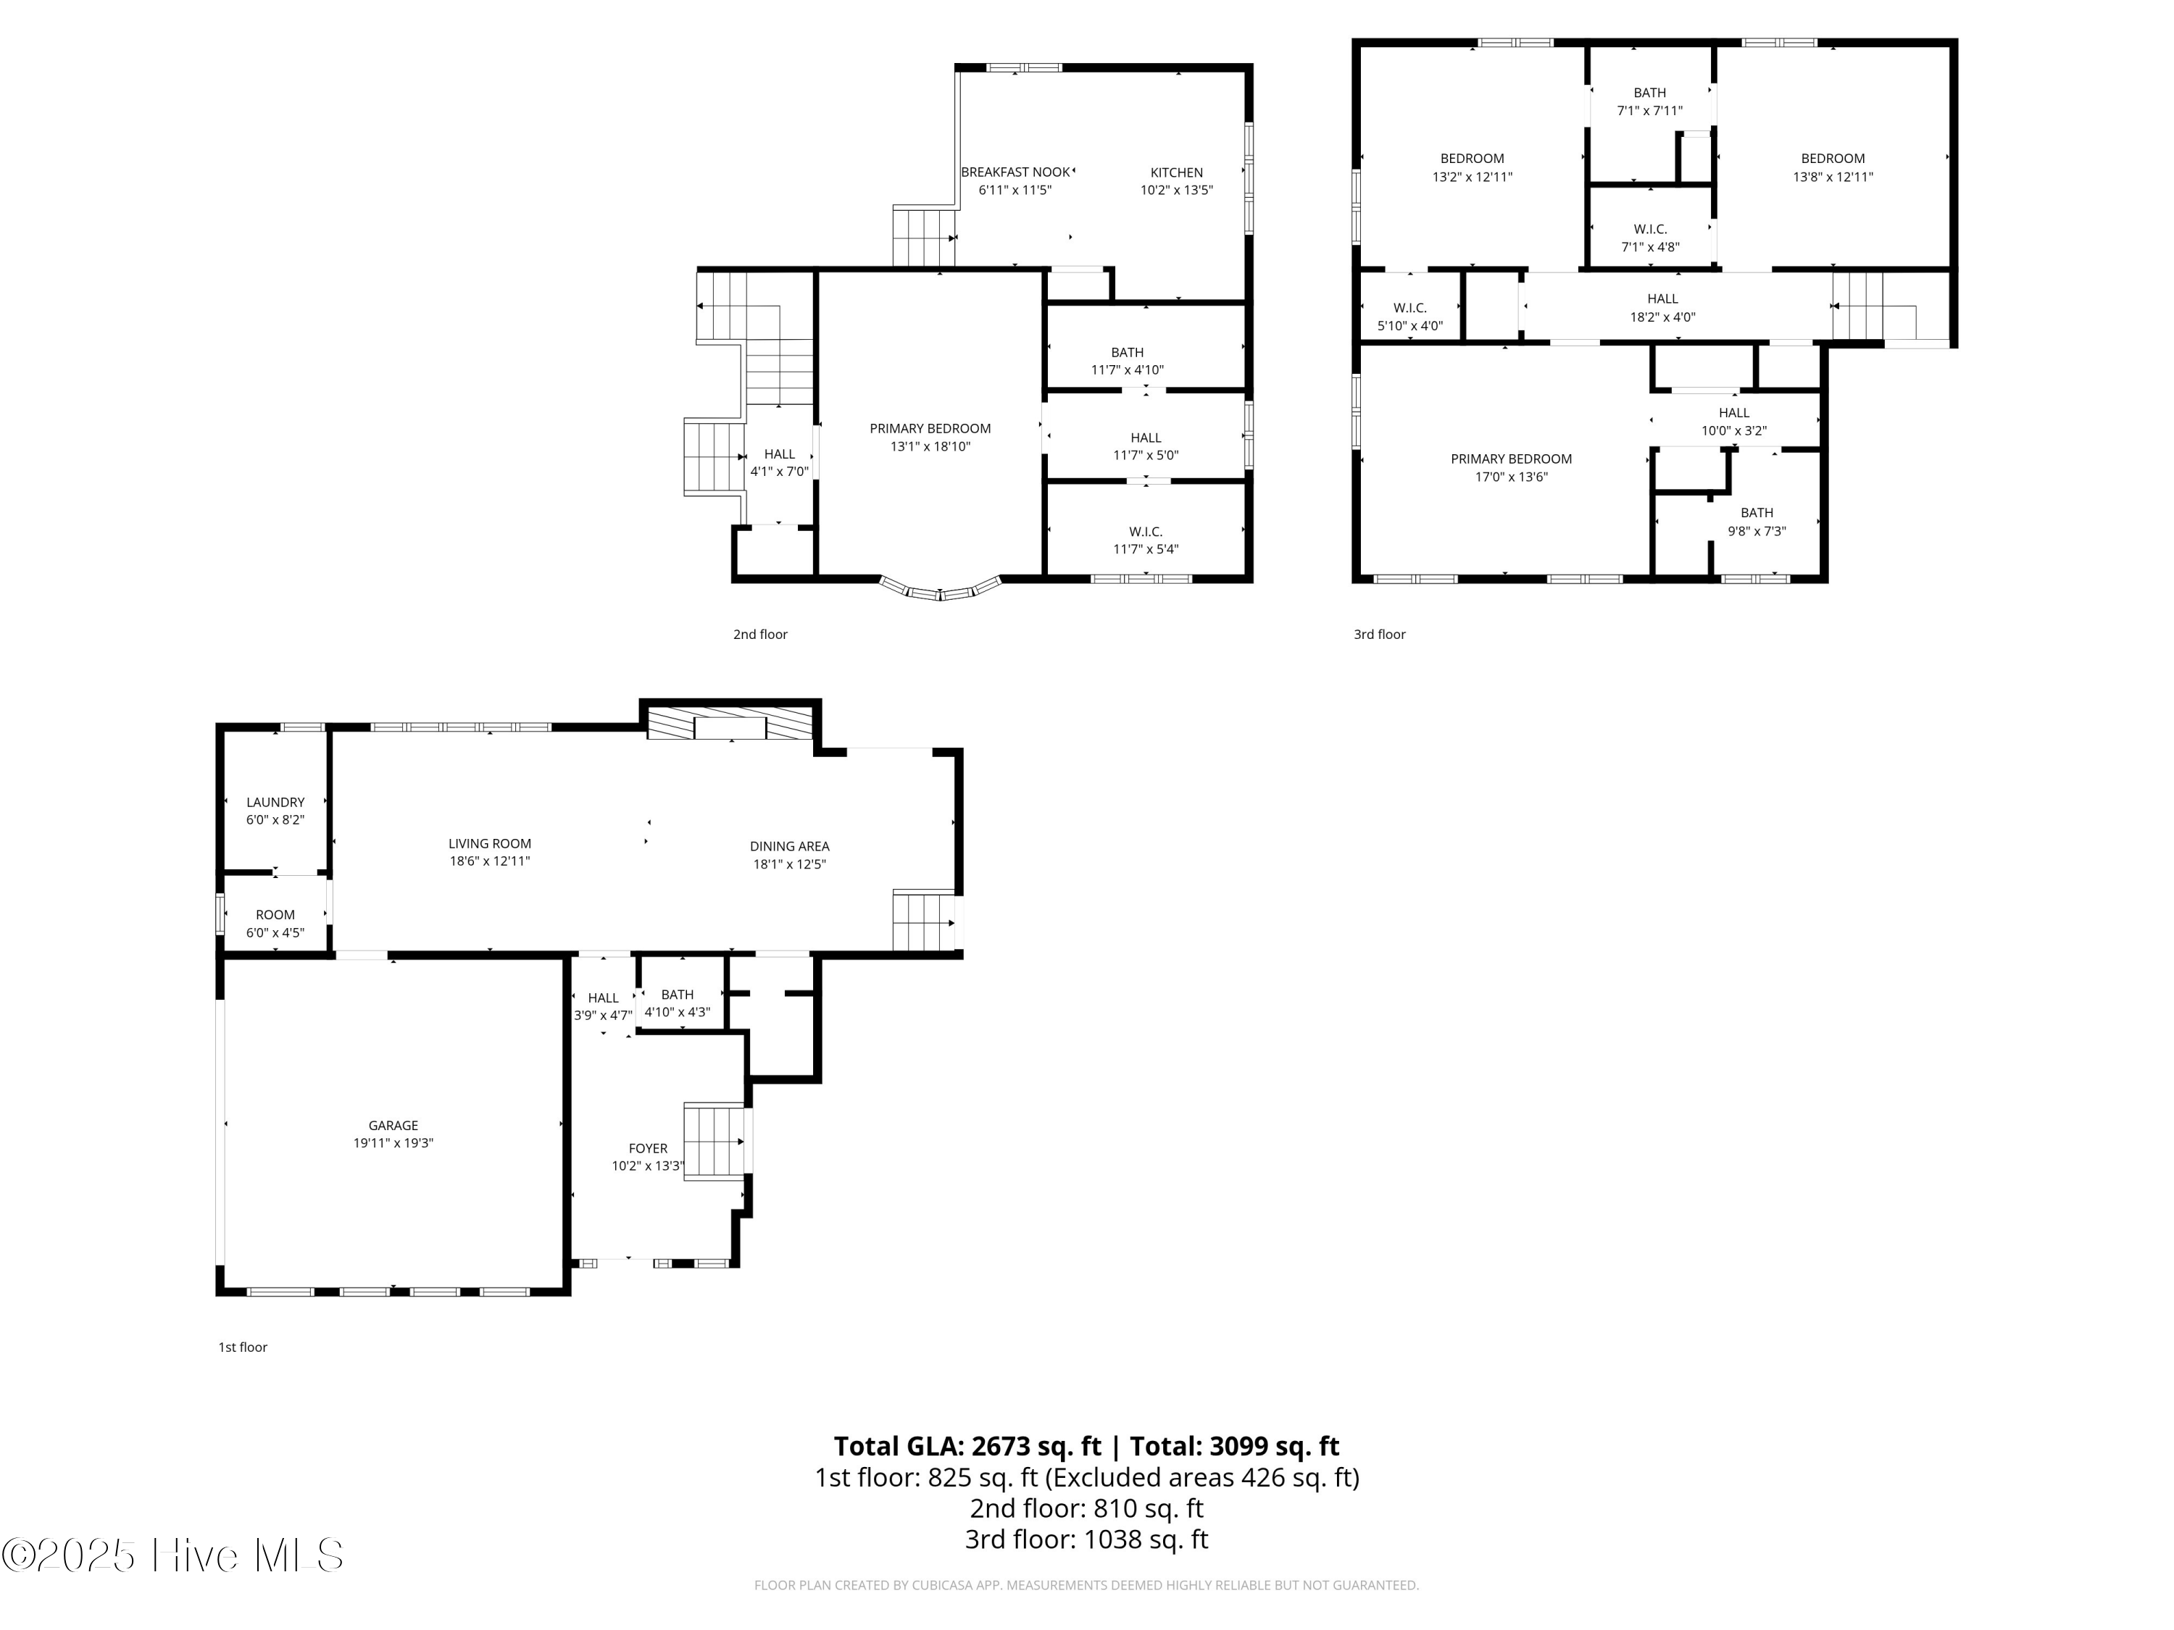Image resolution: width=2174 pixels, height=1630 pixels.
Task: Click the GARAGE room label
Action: (393, 1125)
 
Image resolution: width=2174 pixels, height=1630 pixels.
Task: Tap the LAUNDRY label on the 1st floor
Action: (275, 802)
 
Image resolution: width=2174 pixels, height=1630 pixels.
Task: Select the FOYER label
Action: (648, 1148)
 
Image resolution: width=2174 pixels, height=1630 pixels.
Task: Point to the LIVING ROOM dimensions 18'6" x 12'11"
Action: (489, 861)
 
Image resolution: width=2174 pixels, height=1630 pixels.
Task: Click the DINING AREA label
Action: (789, 846)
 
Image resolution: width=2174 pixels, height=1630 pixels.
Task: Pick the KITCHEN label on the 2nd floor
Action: (1176, 172)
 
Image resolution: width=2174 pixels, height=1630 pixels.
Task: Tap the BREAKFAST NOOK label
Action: (1015, 172)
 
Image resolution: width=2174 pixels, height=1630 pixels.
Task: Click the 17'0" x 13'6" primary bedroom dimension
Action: (1512, 477)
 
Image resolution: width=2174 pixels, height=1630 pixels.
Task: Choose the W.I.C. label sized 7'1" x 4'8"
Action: (1650, 229)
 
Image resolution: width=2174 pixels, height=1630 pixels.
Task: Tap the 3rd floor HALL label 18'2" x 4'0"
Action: (1663, 298)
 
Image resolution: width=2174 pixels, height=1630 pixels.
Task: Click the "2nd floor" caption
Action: (759, 634)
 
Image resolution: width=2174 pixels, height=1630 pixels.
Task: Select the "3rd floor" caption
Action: (1379, 634)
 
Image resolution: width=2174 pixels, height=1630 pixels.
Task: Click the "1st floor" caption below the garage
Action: (243, 1347)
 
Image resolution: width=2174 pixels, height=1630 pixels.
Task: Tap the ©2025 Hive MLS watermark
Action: (173, 1555)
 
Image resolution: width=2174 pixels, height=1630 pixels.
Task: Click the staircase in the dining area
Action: (924, 921)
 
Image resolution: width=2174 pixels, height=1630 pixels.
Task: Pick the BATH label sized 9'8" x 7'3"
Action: (1757, 512)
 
